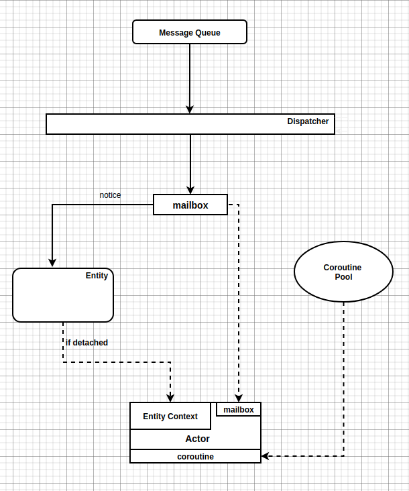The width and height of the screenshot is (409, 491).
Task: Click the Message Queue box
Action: click(190, 32)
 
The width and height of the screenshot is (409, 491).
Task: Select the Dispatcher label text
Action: click(308, 121)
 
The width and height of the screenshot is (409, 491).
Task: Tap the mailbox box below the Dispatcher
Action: click(190, 205)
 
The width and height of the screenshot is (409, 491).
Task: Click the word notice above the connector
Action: click(110, 195)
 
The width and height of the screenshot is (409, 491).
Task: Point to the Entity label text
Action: click(97, 276)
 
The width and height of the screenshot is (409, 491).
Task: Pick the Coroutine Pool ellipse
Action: click(343, 272)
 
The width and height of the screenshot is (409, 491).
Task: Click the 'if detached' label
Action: click(87, 343)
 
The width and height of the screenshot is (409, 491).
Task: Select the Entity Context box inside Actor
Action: click(170, 416)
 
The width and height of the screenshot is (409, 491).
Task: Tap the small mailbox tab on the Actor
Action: click(239, 409)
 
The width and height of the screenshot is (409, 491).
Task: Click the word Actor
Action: click(197, 439)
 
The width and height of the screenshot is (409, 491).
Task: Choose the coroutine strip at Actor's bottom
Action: click(195, 456)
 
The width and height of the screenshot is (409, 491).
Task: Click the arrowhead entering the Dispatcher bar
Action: click(190, 109)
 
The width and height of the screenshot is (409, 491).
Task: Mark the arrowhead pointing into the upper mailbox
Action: click(190, 190)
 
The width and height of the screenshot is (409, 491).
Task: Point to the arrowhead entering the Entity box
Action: click(52, 263)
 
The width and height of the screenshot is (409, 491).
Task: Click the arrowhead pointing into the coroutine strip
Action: click(266, 456)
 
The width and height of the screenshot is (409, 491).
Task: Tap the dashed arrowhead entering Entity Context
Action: click(170, 398)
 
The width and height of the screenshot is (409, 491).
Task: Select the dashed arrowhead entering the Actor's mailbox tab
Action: click(239, 398)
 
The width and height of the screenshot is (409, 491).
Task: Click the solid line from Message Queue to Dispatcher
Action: click(190, 74)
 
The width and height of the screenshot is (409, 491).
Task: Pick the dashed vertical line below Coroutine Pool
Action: click(343, 376)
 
